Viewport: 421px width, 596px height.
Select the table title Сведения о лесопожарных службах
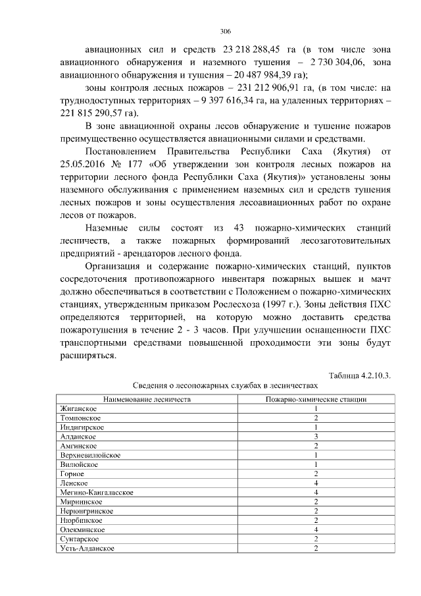225,385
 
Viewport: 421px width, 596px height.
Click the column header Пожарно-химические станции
316,399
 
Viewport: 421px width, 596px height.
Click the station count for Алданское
316,436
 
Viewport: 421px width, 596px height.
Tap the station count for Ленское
316,483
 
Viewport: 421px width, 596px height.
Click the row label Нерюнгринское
86,510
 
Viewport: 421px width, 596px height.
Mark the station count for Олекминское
316,529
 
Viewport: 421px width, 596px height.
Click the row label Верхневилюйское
89,454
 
